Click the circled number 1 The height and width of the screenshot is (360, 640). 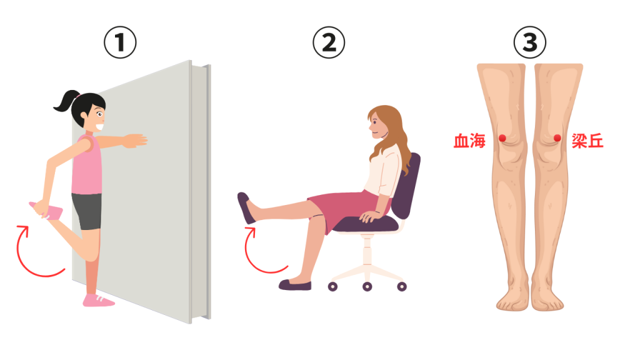click(x=120, y=42)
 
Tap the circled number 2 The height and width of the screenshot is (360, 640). click(x=329, y=42)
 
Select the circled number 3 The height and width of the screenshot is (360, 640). click(x=530, y=42)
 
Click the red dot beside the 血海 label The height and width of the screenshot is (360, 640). click(x=502, y=138)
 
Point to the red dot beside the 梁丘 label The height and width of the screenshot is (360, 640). click(x=557, y=138)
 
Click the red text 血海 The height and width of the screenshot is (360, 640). click(x=470, y=141)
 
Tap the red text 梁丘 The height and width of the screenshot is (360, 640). click(x=587, y=141)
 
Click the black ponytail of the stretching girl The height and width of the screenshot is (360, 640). click(x=65, y=101)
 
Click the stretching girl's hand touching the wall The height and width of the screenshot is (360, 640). click(x=136, y=141)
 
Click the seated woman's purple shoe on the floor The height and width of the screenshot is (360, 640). click(x=295, y=284)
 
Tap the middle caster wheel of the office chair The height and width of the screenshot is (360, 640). click(x=367, y=286)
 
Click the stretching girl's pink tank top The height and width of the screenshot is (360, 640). click(x=87, y=165)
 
